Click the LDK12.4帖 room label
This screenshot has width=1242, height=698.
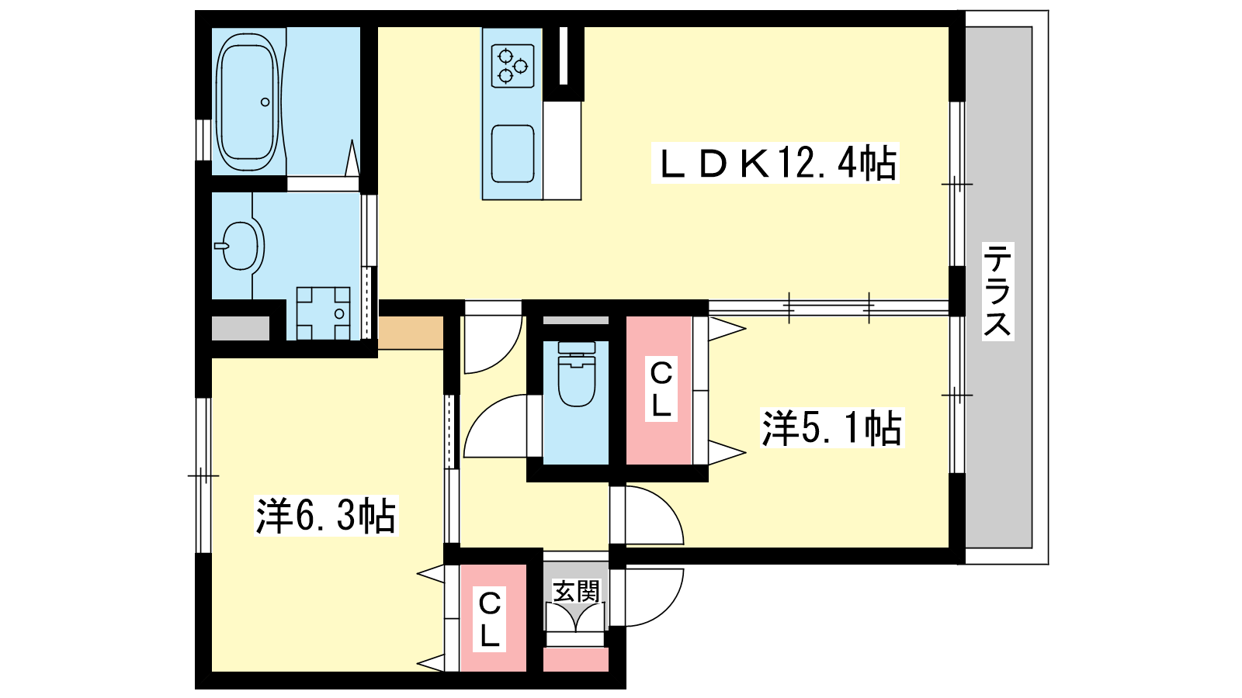(x=775, y=164)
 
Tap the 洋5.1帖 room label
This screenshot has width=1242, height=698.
(x=831, y=427)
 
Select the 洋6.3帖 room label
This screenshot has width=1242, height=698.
(x=326, y=515)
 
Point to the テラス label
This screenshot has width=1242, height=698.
(x=997, y=291)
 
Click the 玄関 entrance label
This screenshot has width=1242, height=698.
(x=576, y=591)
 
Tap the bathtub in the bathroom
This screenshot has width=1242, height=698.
(x=248, y=103)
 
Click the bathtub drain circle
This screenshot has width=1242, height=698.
(x=265, y=102)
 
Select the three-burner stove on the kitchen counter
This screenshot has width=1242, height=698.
(x=513, y=65)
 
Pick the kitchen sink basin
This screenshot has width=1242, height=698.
(x=513, y=154)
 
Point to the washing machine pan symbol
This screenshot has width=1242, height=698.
(x=323, y=313)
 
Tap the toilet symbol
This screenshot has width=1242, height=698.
(x=577, y=375)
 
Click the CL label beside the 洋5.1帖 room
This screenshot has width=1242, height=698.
(x=661, y=389)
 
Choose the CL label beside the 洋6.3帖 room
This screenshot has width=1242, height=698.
(x=489, y=620)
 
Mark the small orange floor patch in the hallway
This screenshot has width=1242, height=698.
(x=411, y=333)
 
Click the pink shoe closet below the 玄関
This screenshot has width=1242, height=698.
(x=575, y=660)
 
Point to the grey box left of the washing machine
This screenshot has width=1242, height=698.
(x=241, y=329)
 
